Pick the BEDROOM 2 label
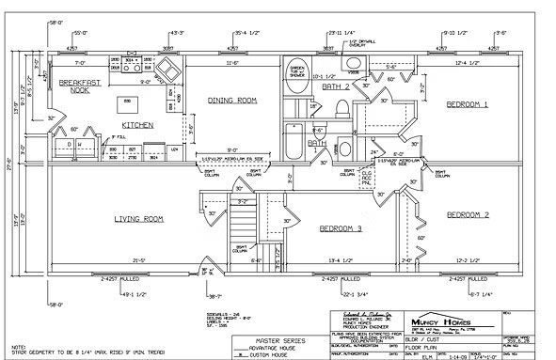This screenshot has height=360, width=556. [x=467, y=215]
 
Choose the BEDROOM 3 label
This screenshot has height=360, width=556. [x=341, y=227]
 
